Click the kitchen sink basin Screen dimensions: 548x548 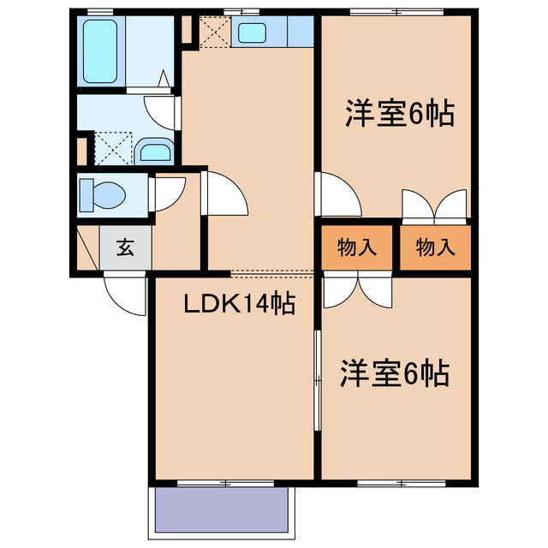[x=252, y=33]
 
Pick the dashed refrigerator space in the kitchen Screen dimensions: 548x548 [x=212, y=32]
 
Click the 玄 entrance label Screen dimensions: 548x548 [x=125, y=249]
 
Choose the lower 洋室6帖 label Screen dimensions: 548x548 [x=395, y=373]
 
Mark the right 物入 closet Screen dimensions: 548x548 [x=435, y=248]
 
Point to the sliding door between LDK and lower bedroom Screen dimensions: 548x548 [x=317, y=381]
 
